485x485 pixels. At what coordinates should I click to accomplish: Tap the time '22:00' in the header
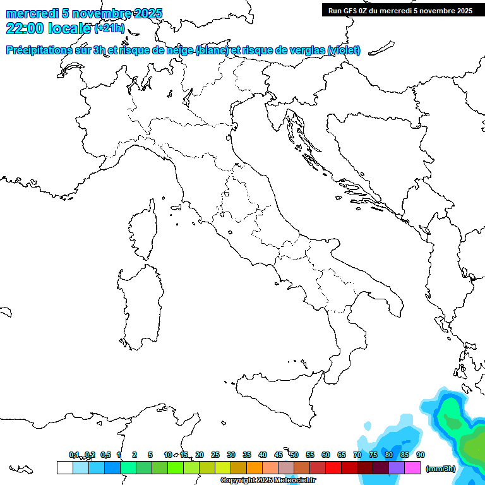(x=26, y=28)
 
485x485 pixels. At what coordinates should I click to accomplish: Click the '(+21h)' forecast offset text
(x=110, y=28)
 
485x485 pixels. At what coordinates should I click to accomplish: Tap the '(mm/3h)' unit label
(x=441, y=468)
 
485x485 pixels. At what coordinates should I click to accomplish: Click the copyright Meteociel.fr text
(x=268, y=480)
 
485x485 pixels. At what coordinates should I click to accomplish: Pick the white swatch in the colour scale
(x=64, y=467)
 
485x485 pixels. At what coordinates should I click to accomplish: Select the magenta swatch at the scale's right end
(x=412, y=467)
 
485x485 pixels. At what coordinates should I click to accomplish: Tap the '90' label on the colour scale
(x=421, y=455)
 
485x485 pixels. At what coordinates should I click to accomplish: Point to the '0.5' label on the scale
(x=105, y=455)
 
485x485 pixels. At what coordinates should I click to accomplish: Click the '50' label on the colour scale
(x=294, y=455)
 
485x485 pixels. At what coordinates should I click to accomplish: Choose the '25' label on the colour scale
(x=215, y=455)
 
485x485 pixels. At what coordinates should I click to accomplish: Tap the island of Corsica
(x=144, y=231)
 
